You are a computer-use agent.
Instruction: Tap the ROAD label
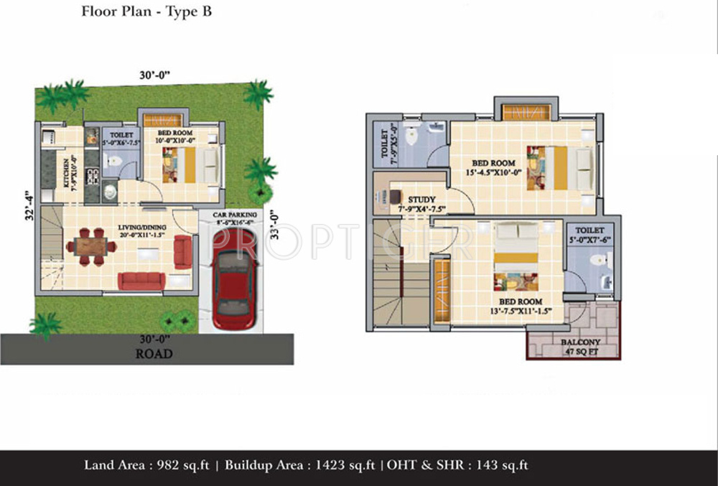(154, 353)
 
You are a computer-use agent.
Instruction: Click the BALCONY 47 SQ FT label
(581, 347)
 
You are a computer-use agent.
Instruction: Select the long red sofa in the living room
(141, 281)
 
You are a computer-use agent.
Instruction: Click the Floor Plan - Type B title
(146, 12)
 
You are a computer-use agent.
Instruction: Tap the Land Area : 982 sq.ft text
(146, 465)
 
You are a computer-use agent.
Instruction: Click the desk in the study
(396, 195)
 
